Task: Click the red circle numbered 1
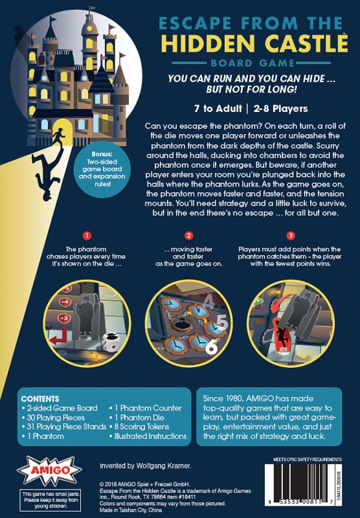87,236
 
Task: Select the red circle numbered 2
188,236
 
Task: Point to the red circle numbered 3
290,236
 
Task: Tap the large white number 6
211,346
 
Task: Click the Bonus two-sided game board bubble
102,169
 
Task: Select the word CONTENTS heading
40,399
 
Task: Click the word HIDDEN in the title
208,43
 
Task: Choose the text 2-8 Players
281,109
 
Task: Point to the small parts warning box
51,500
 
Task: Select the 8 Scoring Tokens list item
142,427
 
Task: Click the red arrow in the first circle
58,336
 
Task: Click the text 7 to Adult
218,109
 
